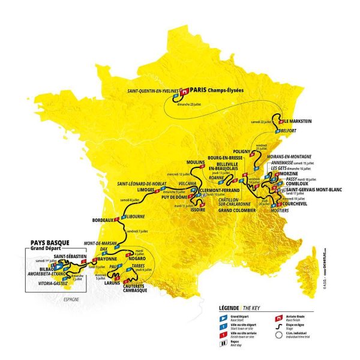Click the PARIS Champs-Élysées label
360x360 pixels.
point(221,92)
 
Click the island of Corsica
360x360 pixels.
point(317,270)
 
